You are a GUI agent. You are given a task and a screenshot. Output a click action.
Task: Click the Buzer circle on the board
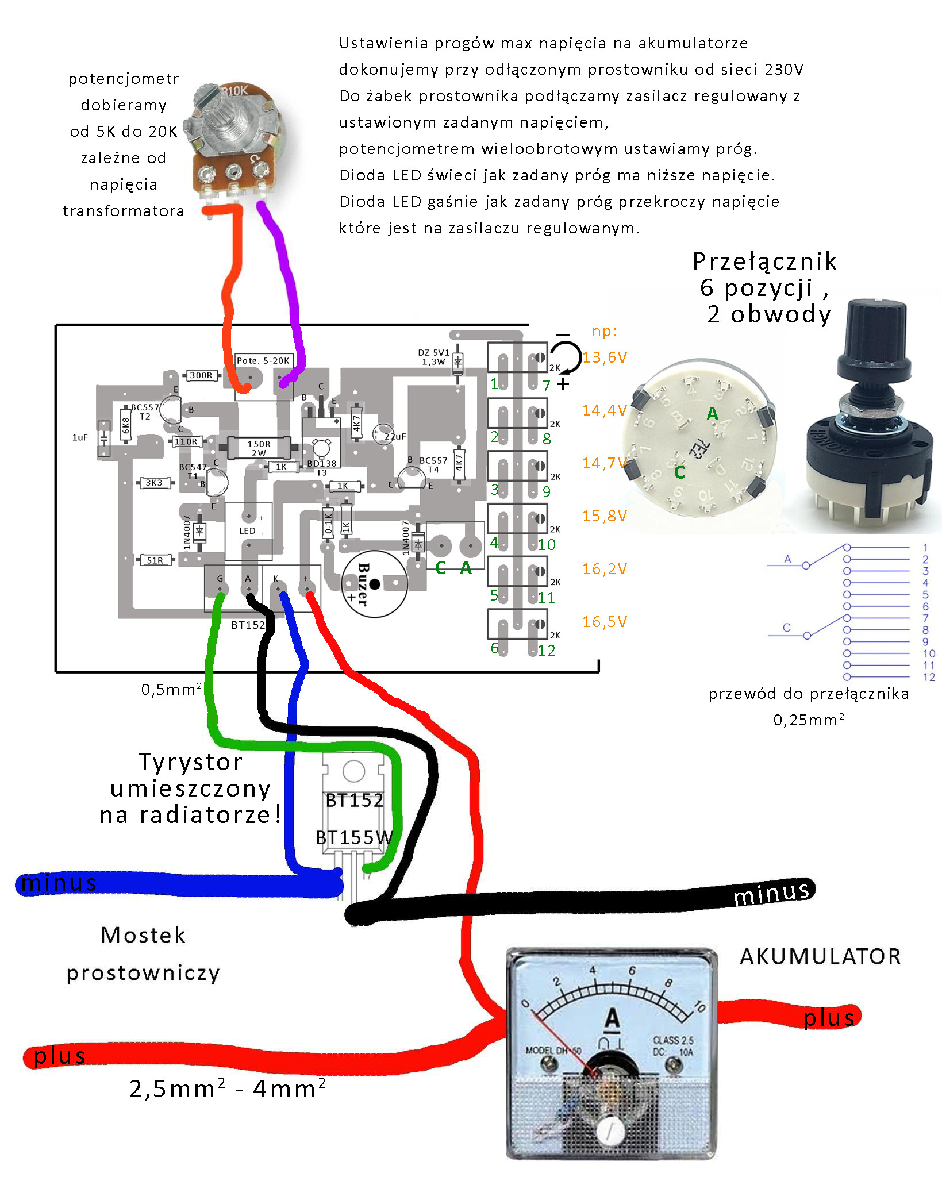click(x=374, y=584)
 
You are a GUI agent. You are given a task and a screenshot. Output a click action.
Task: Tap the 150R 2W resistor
click(x=258, y=448)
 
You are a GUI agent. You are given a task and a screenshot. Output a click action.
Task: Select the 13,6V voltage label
click(x=605, y=357)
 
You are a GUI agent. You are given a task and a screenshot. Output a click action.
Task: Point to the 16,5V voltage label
click(x=605, y=622)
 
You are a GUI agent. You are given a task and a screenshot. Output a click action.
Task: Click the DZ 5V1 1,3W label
click(x=433, y=357)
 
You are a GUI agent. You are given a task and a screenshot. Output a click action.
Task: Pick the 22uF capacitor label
click(x=395, y=436)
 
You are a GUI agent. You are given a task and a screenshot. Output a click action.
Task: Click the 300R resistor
click(x=201, y=375)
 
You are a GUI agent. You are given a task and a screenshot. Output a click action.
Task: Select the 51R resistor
click(x=155, y=560)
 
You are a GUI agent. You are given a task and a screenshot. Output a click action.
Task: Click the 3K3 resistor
click(x=154, y=483)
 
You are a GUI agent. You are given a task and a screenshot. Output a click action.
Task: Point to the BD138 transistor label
click(x=321, y=463)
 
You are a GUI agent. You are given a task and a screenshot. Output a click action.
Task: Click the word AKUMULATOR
click(x=820, y=957)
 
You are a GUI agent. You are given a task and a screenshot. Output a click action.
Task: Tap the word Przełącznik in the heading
click(x=764, y=261)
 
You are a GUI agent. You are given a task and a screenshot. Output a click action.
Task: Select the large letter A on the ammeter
click(x=612, y=1018)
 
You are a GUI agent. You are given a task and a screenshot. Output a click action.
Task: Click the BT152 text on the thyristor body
click(x=354, y=800)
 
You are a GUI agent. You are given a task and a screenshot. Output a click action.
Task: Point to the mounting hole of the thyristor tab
click(x=353, y=771)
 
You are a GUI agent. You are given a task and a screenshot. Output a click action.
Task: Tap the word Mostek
click(x=143, y=935)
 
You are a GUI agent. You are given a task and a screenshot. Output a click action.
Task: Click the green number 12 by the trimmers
click(x=547, y=650)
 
